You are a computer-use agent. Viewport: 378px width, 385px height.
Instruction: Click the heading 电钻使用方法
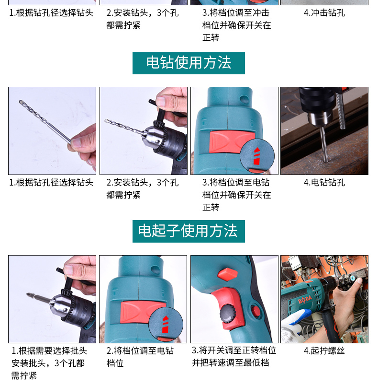click(x=189, y=63)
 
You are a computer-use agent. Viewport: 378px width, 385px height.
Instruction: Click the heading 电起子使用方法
click(x=188, y=231)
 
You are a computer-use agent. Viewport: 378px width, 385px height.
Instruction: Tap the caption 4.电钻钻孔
click(x=324, y=183)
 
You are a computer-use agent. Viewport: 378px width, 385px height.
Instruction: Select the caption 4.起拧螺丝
click(x=324, y=350)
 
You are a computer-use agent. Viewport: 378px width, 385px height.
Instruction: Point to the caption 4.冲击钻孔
click(x=324, y=13)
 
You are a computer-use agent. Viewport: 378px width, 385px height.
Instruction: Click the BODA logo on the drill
click(x=305, y=299)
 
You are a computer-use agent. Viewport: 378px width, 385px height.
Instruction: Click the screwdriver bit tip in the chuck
click(x=28, y=295)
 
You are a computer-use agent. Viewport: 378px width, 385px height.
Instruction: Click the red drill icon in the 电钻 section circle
click(x=256, y=156)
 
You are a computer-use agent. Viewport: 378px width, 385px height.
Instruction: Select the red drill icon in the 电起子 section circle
click(x=166, y=325)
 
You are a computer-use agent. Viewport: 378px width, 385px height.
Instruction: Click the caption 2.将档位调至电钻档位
click(x=140, y=357)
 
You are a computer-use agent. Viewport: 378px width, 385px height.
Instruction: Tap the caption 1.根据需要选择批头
click(x=49, y=350)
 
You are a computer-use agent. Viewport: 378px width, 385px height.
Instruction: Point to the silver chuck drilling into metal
click(x=318, y=119)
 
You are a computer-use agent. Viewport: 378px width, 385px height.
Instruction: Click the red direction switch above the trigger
click(x=228, y=274)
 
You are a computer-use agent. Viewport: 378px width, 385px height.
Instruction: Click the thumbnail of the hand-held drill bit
click(x=52, y=131)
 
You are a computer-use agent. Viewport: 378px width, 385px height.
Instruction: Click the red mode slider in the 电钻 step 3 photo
click(x=232, y=141)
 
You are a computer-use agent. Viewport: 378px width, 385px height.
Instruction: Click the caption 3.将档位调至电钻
click(x=236, y=183)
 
